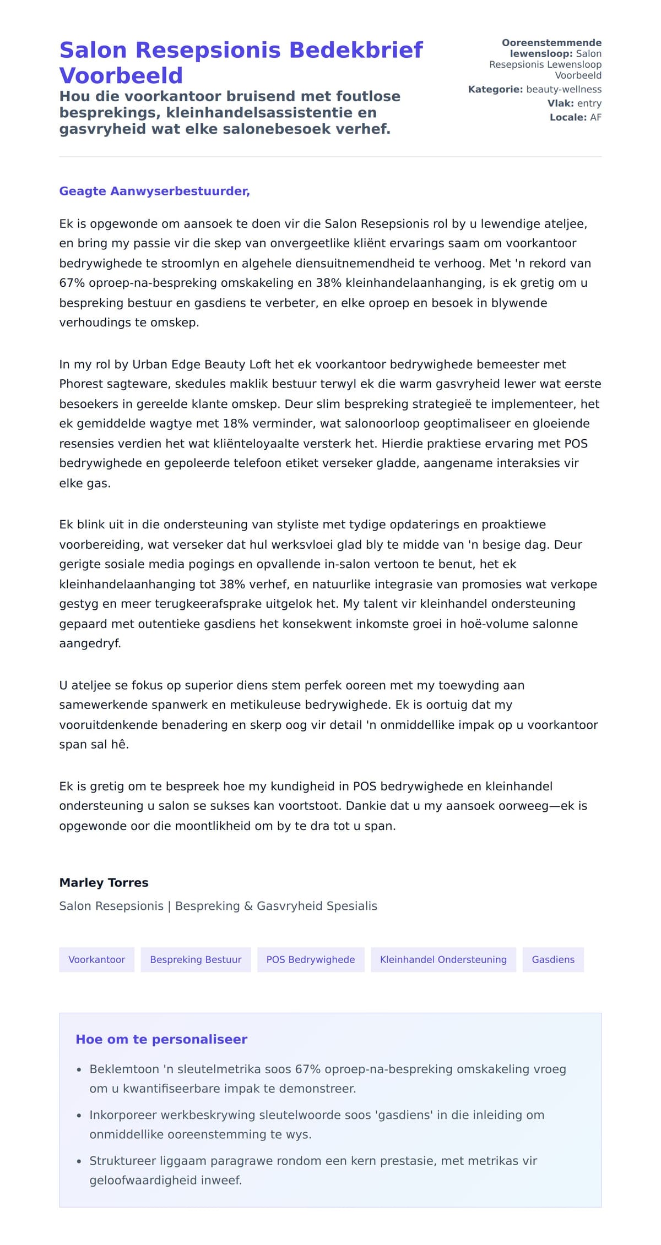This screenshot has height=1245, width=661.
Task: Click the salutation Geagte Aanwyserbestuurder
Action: pos(154,191)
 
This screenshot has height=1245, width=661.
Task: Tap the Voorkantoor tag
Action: pos(97,959)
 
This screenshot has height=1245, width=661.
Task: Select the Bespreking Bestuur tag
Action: pos(196,959)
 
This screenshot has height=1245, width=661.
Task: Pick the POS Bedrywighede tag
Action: pos(311,959)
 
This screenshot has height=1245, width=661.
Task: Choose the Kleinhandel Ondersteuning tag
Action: pos(443,959)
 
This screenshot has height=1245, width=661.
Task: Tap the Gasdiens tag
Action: pos(553,959)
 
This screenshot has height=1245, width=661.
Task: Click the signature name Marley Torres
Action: pos(104,882)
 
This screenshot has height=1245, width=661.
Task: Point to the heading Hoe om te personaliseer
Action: pos(161,1039)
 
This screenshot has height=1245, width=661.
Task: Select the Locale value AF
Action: pos(595,117)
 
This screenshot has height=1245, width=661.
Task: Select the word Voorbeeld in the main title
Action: pos(121,75)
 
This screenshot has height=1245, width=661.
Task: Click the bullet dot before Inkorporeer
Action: pos(79,1116)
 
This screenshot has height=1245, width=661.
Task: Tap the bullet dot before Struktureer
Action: pos(79,1161)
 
